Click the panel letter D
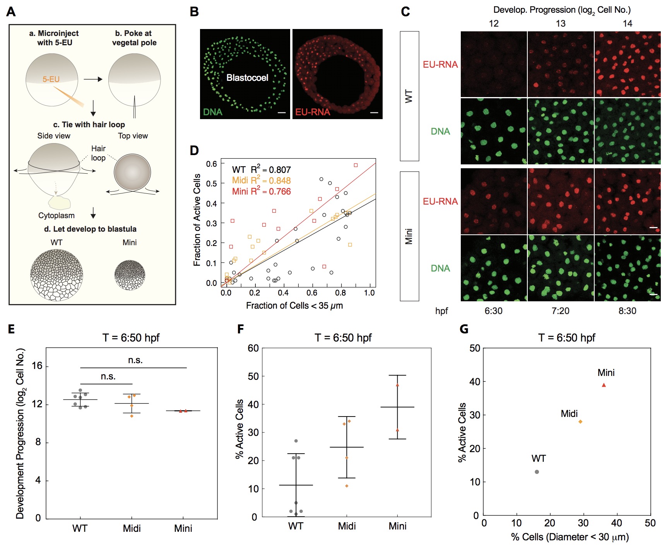[194, 150]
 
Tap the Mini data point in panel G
[604, 385]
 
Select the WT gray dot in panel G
[537, 472]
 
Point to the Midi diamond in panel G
[580, 422]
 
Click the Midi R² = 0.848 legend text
[261, 181]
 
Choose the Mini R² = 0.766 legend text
[261, 191]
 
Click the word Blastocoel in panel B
[247, 78]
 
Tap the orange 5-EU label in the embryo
[51, 79]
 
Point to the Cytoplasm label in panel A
[56, 215]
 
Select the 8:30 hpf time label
[627, 311]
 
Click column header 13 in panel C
[561, 24]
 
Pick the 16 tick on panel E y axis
[37, 366]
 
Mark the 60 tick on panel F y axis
[253, 348]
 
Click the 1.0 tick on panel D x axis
[369, 293]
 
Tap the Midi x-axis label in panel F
[347, 526]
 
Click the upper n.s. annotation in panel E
[135, 360]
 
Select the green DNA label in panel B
[213, 112]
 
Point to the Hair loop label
[98, 153]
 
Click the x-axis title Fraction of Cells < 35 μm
[294, 306]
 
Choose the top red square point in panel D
[356, 165]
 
